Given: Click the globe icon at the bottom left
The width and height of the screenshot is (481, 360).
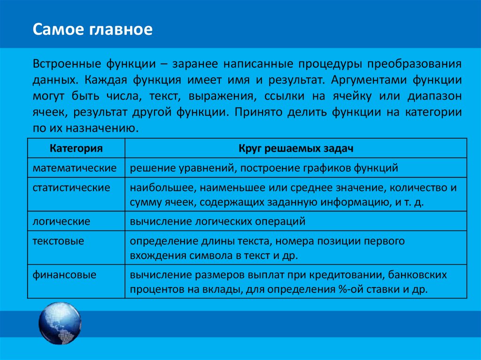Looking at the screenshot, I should click(x=60, y=324).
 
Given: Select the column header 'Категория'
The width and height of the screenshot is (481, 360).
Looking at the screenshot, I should click(x=76, y=149).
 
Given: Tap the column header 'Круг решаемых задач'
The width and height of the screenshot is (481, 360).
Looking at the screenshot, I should click(x=295, y=149).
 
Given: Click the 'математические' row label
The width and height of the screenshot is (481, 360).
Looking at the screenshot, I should click(x=74, y=168).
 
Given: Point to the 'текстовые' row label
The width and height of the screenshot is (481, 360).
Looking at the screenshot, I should click(x=58, y=241).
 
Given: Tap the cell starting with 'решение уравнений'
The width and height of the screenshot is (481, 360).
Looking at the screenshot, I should click(x=264, y=168).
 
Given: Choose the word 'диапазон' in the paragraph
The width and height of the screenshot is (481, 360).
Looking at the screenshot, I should click(x=433, y=96).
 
